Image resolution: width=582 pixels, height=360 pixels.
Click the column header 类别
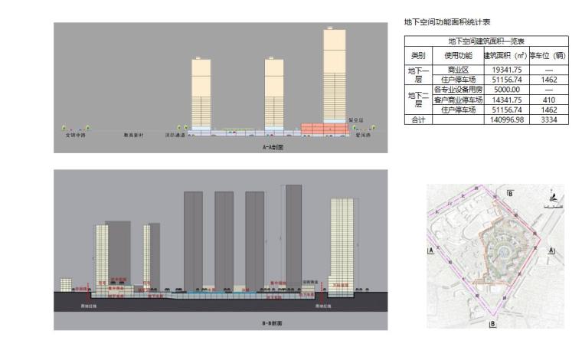point(417,55)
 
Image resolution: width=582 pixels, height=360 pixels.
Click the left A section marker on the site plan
point(432,250)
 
